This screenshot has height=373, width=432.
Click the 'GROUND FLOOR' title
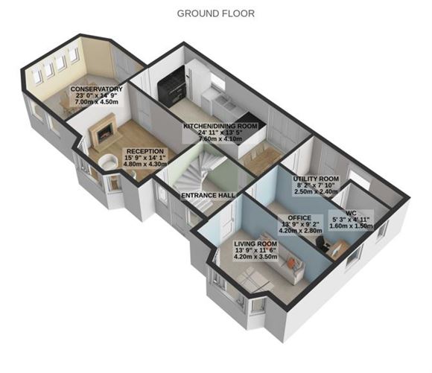pyautogui.click(x=215, y=13)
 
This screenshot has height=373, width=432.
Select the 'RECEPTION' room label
pyautogui.click(x=144, y=150)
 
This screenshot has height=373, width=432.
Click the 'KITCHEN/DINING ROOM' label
pyautogui.click(x=220, y=127)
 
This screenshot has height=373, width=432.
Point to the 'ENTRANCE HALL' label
pyautogui.click(x=209, y=196)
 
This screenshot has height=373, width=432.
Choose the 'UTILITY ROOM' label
pyautogui.click(x=316, y=179)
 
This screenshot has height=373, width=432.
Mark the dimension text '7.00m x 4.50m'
pyautogui.click(x=92, y=104)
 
